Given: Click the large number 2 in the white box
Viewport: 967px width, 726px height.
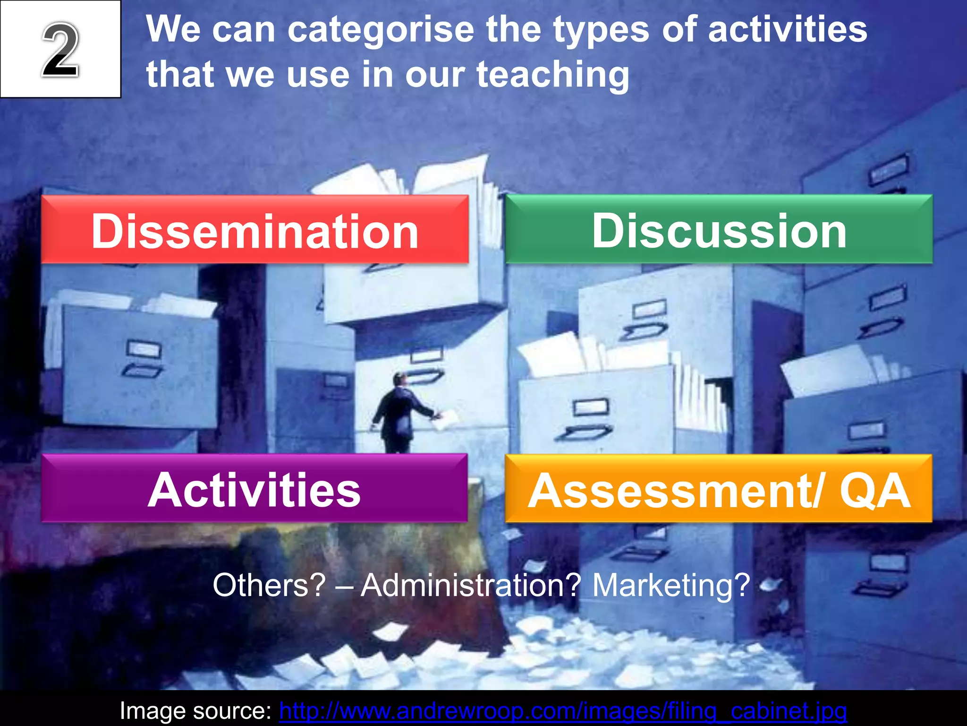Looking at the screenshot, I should [60, 50].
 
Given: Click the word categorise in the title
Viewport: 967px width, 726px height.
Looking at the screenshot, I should [381, 29].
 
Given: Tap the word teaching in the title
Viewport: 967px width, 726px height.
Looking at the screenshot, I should [552, 75].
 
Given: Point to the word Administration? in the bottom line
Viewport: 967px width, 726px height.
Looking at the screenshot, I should [471, 585].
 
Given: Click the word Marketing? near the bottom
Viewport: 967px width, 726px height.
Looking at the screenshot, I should [670, 585].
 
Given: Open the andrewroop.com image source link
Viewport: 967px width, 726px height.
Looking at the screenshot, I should [563, 711].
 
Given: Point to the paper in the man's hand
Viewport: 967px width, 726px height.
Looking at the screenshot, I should [446, 419].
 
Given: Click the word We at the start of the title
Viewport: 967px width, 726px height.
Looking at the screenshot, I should [173, 29].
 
